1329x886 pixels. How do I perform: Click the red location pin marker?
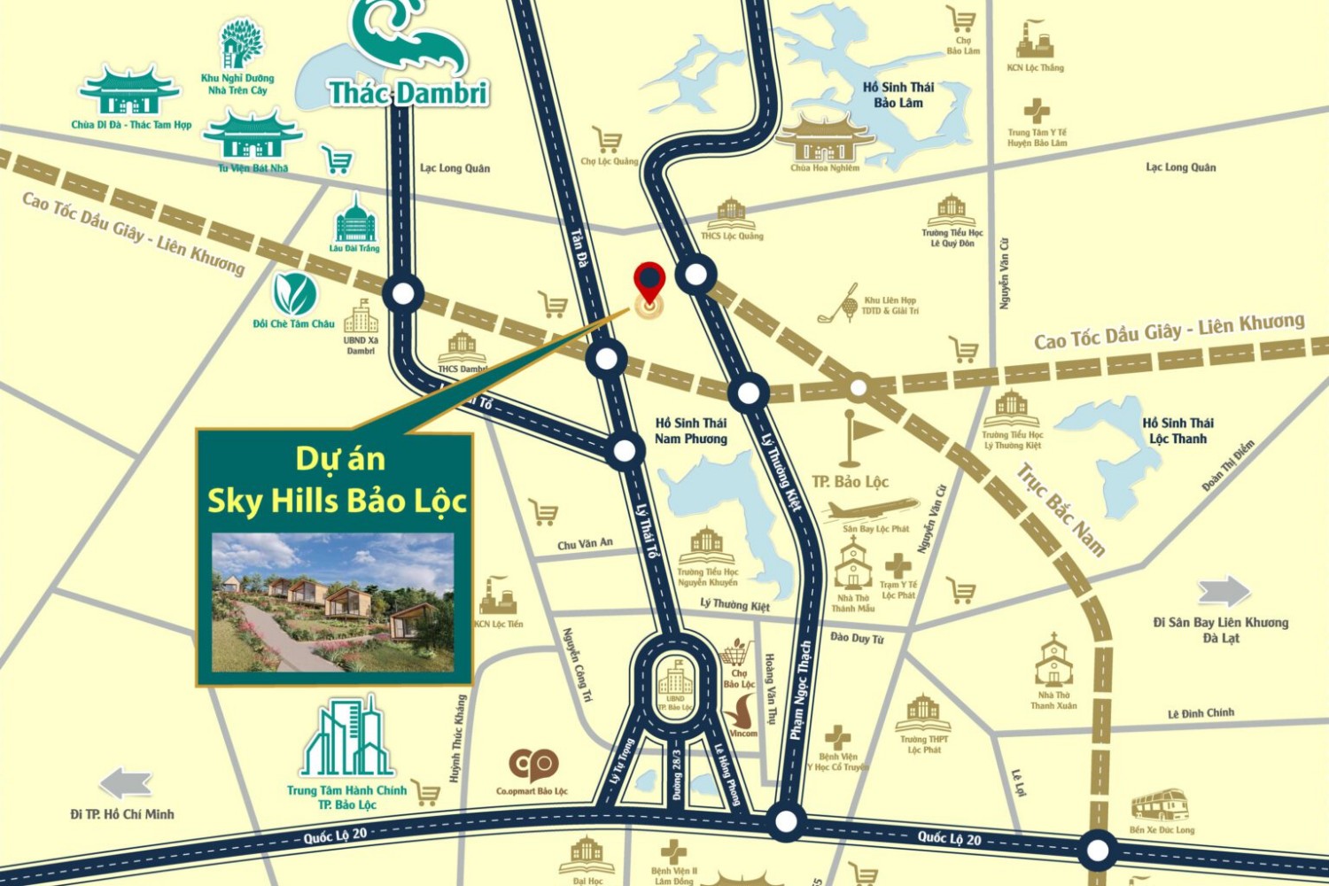tap(650, 282)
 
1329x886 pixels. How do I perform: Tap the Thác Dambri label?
tap(408, 92)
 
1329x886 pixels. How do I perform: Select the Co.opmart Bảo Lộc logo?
tap(532, 764)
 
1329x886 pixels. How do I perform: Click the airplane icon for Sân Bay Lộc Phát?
tap(872, 510)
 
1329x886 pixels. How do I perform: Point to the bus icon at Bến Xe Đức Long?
tap(1160, 804)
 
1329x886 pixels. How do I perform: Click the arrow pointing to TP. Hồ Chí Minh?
tap(126, 784)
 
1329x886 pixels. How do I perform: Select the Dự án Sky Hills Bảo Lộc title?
tap(337, 480)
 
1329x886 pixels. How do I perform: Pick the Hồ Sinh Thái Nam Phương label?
tap(690, 431)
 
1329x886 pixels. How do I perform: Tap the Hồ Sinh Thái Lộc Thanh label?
tap(1177, 431)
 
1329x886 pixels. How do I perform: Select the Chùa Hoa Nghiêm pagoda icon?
tap(824, 137)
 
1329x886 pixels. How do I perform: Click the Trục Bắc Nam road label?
tap(1061, 509)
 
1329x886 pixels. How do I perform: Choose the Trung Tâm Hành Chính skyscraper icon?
tap(346, 739)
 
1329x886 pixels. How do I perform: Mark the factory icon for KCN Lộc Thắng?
tap(1035, 41)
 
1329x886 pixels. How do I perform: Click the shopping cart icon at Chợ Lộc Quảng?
tap(607, 140)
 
